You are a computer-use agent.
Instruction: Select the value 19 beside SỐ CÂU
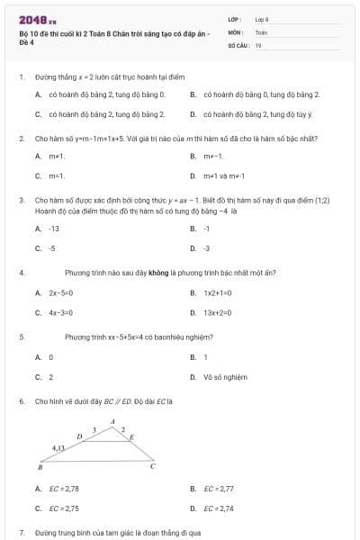click(x=258, y=44)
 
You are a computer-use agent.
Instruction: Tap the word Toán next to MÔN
click(x=261, y=31)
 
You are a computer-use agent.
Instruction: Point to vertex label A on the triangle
click(x=112, y=421)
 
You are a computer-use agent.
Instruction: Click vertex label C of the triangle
click(x=152, y=467)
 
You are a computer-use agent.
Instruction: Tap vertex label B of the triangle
click(x=40, y=468)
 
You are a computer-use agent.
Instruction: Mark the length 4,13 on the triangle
click(x=58, y=447)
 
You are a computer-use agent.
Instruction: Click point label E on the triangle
click(x=132, y=436)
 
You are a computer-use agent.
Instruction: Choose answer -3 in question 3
click(x=206, y=247)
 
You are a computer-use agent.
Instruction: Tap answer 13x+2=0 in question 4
click(x=218, y=312)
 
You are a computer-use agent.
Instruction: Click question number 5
click(x=21, y=337)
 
